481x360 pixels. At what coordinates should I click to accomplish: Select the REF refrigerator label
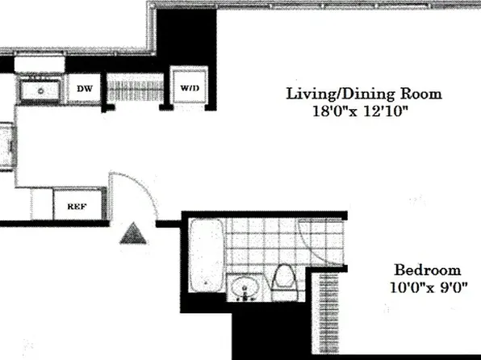76,205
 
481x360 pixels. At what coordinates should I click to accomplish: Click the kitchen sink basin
39,90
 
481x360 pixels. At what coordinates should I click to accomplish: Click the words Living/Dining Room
364,94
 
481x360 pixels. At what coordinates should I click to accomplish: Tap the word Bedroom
427,270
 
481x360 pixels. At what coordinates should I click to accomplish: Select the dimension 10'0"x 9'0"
429,287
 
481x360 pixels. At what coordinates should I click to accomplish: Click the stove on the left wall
4,145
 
